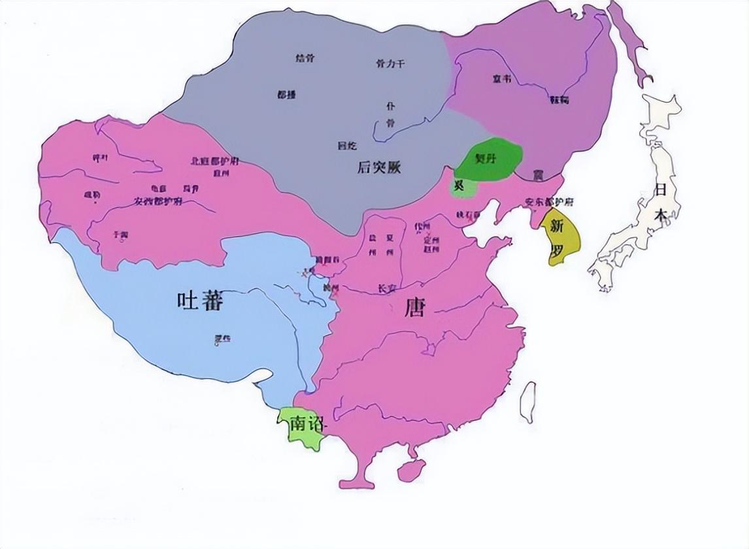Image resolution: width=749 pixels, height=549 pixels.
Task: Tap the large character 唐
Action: (414, 307)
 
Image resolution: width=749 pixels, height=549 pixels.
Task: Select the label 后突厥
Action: (378, 168)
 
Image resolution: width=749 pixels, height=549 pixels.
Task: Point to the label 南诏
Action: (307, 424)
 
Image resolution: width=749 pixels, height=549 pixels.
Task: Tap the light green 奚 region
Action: (460, 186)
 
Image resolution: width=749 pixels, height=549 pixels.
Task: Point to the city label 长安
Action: (388, 288)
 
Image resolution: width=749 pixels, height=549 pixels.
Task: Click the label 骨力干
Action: (391, 63)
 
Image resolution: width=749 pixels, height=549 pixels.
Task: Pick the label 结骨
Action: (305, 58)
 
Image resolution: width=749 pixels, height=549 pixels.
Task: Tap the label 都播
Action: (286, 95)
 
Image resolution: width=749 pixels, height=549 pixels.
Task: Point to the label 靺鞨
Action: (559, 100)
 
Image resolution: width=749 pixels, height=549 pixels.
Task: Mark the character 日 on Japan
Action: (661, 190)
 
